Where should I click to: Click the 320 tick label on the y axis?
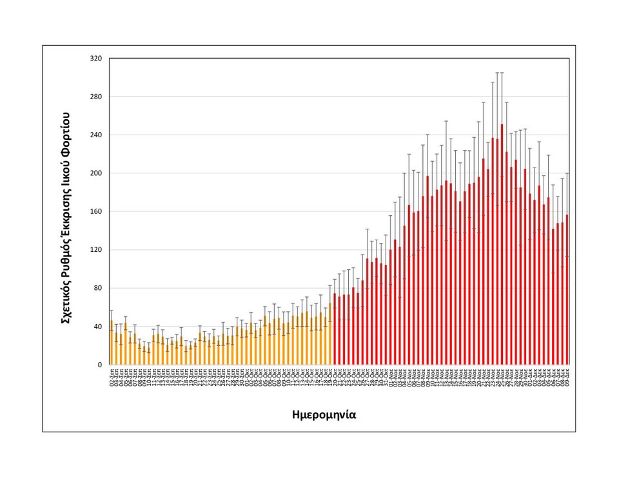tap(95, 59)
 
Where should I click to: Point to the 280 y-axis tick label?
tap(95, 97)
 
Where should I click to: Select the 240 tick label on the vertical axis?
tap(95, 135)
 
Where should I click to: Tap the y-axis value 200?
tap(95, 173)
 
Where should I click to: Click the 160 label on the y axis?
tap(95, 211)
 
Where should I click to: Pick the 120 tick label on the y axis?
tap(95, 250)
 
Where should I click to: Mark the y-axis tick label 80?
tap(97, 288)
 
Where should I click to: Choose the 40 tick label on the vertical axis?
tap(97, 327)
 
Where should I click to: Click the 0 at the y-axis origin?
tap(99, 365)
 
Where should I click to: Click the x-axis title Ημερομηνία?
tap(324, 415)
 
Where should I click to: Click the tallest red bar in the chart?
tap(502, 245)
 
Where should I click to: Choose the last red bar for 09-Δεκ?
tap(567, 290)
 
